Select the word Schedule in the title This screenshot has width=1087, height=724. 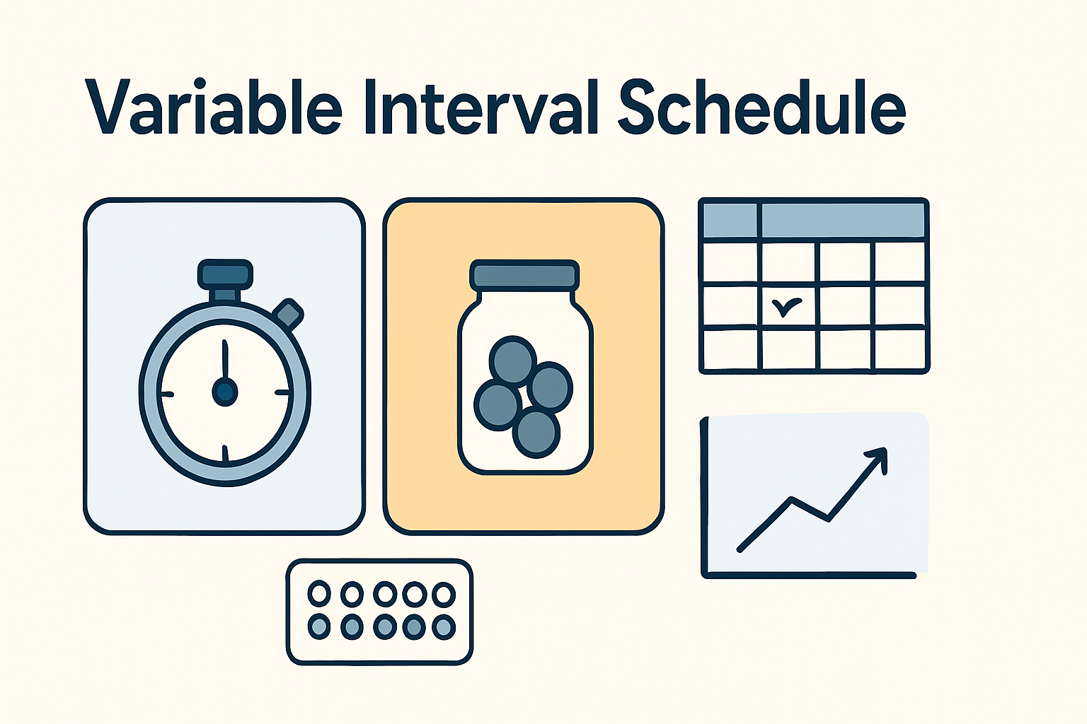pos(761,107)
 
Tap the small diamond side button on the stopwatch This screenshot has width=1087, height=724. pos(289,313)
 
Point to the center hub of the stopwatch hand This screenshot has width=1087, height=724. pos(225,391)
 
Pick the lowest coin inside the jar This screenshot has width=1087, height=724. pos(536,433)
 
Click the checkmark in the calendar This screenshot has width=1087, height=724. pos(786,307)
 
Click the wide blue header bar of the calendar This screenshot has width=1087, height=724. pos(842,220)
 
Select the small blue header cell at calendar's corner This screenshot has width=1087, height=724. pos(730,220)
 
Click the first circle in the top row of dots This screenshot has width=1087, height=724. pos(319,594)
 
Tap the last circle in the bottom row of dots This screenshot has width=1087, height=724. pos(444,626)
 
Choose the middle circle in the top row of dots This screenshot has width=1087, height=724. pos(384,594)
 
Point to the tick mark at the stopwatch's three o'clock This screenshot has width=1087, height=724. pos(282,392)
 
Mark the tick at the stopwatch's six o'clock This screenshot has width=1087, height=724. pos(225,452)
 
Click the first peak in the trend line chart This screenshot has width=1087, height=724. pos(790,499)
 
